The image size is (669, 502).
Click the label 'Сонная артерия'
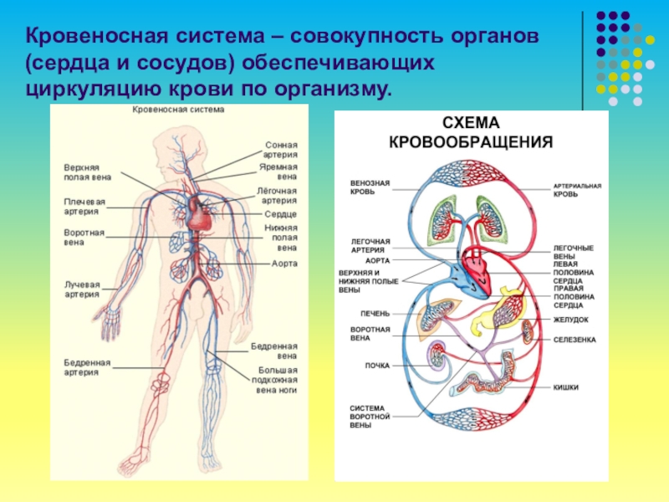(281, 149)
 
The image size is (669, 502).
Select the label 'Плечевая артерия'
(84, 206)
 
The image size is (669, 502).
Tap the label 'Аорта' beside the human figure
(284, 264)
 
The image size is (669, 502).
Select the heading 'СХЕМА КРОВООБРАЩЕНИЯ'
(471, 133)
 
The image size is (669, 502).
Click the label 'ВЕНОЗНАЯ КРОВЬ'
(369, 186)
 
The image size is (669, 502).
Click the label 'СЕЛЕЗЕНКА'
(574, 340)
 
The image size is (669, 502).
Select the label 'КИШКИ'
(566, 387)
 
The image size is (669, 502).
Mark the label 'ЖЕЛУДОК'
(570, 320)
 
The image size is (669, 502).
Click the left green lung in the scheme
(441, 222)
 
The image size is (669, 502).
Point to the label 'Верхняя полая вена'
(87, 172)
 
